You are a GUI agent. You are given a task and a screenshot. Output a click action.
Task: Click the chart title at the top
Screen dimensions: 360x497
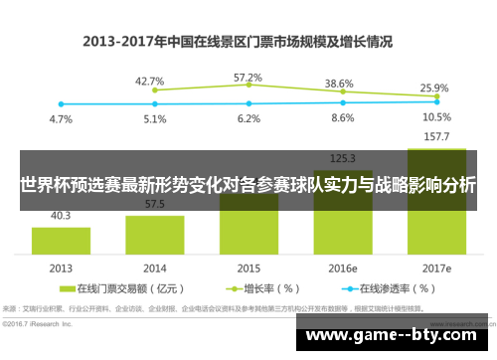coord(238,42)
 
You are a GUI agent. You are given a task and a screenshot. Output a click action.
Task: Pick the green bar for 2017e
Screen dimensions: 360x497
coord(436,220)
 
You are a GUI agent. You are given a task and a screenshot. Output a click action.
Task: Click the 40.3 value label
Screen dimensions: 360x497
coord(61,215)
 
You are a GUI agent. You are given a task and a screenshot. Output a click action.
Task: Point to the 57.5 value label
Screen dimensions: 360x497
coord(154,204)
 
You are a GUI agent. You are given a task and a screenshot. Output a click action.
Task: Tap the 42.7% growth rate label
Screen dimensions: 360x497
coord(149,81)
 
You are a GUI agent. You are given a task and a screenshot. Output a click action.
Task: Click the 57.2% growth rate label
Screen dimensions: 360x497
coord(248,77)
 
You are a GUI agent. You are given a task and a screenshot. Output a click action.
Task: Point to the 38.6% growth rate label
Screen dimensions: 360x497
coord(340,84)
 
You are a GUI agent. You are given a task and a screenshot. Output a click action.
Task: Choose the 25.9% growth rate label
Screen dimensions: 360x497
coord(434,88)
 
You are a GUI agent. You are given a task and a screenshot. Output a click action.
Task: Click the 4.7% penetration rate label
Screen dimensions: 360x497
coord(61,119)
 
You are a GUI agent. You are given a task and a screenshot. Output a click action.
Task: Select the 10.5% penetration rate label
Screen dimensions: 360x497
coord(436,116)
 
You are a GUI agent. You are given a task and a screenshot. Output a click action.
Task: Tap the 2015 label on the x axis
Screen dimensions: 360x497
coord(248,268)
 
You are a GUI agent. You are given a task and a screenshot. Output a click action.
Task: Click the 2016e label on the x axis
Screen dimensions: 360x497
coord(342,268)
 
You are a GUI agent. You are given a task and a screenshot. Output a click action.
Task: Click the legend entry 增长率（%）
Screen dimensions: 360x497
coord(264,289)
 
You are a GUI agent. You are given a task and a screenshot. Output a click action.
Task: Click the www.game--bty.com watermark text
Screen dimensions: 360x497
coord(398,336)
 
